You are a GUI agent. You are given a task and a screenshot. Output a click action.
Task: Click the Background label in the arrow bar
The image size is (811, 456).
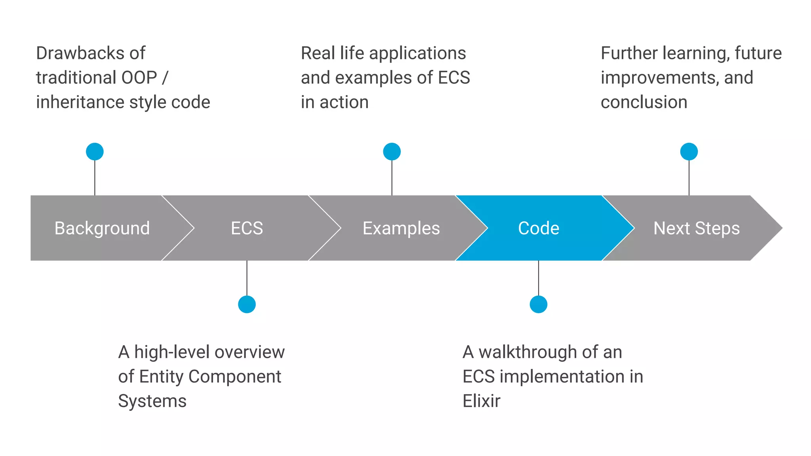[x=102, y=228]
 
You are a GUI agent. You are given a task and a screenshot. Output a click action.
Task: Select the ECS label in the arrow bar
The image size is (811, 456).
[x=247, y=228]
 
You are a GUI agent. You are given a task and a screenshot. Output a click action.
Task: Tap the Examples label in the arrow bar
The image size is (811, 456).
[x=401, y=228]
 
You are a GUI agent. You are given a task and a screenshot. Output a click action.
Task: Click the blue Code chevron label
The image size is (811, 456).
[x=539, y=228]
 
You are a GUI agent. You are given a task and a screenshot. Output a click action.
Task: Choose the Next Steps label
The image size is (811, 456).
[x=696, y=228]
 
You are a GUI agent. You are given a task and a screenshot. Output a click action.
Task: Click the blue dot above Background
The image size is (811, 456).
[x=95, y=152]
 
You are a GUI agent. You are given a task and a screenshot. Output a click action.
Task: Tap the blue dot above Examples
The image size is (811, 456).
[x=392, y=152]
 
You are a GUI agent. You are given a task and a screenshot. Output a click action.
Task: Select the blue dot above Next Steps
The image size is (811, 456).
[x=689, y=152]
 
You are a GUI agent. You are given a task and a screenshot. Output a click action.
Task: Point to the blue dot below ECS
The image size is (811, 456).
[x=247, y=304]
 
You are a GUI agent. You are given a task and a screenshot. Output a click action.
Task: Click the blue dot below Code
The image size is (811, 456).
[x=538, y=304]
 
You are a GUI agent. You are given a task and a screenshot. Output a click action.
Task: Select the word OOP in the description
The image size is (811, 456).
[x=139, y=78]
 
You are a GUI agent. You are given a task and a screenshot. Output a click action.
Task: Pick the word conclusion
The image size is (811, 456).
[x=644, y=102]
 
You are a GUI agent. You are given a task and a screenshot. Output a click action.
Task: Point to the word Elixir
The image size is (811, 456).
[x=481, y=401]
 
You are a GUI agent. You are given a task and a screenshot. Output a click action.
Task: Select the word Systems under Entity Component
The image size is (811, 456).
[x=152, y=401]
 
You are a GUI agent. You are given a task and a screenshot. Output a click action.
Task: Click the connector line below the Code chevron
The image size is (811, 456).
[x=538, y=278]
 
